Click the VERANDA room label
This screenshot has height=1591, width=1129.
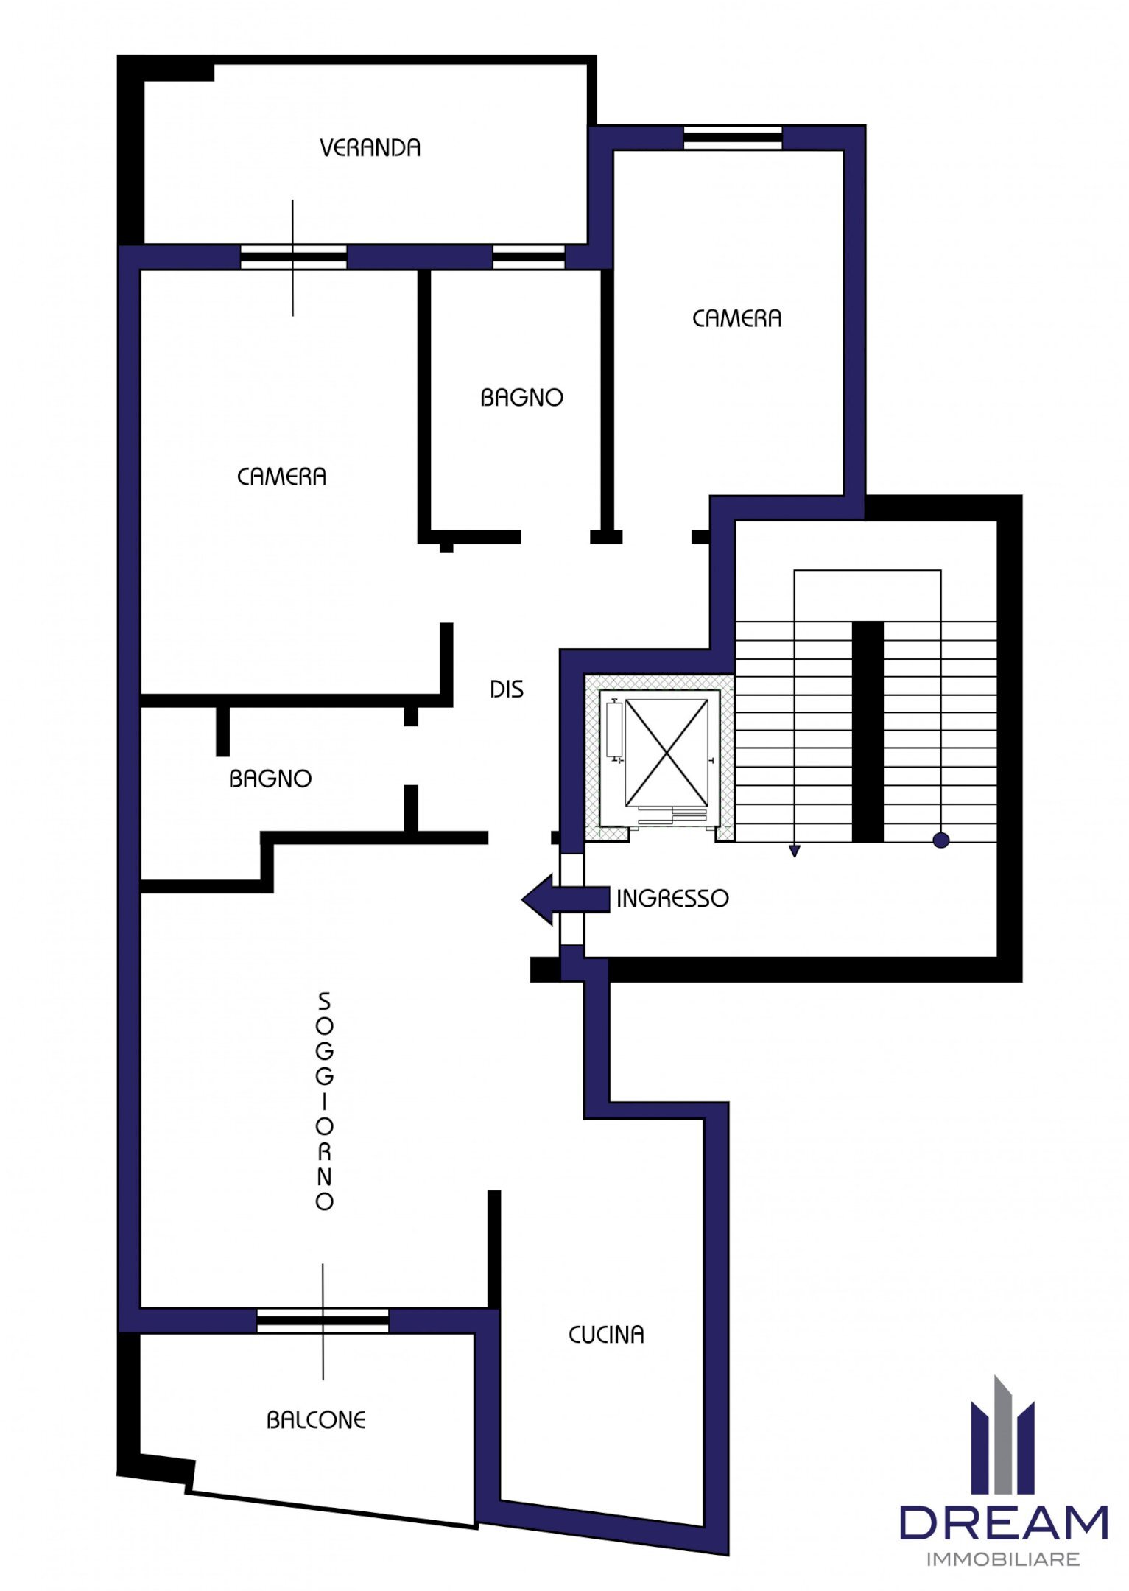click(370, 148)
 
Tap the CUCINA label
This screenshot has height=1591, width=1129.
click(606, 1335)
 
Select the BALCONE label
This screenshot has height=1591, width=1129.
click(316, 1420)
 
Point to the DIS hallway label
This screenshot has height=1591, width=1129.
click(507, 689)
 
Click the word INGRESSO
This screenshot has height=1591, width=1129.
click(672, 899)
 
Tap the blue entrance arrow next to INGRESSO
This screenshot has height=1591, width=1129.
click(563, 899)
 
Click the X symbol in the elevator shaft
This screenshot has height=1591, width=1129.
click(667, 752)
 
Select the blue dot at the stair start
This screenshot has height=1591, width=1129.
click(940, 840)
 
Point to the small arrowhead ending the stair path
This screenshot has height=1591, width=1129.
click(794, 851)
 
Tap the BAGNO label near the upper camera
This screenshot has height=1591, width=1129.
click(521, 398)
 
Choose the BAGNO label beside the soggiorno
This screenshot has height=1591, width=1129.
click(270, 779)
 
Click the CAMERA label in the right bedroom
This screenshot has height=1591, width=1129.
click(736, 319)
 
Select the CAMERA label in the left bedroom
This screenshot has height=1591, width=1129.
click(281, 477)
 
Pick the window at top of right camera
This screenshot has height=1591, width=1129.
click(732, 138)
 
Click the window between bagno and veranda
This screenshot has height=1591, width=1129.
click(528, 257)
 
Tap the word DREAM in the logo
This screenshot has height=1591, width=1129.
click(1003, 1523)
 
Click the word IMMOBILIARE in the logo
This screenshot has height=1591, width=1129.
click(1002, 1559)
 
